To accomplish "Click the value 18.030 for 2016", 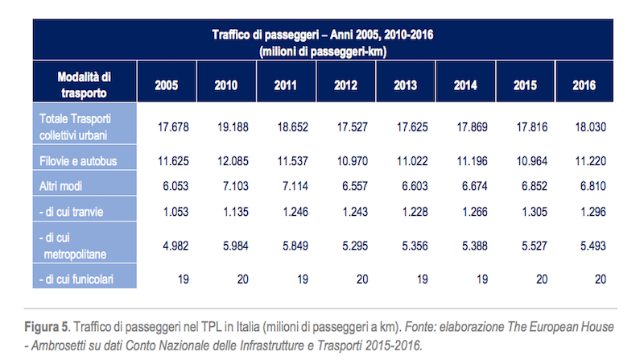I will [589, 126].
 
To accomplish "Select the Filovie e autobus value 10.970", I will [347, 161].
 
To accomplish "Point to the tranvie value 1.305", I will [529, 211].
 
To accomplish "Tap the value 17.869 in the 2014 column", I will [469, 126].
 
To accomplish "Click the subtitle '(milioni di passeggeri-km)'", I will [320, 51].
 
